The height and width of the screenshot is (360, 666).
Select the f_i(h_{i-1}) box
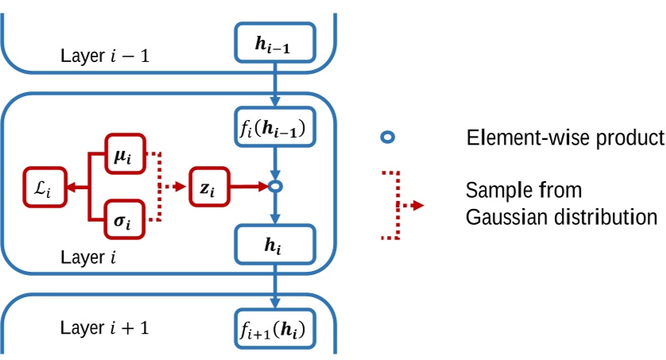(x=275, y=126)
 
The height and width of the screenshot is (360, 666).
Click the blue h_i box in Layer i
(x=275, y=246)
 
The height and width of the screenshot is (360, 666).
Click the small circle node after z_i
(x=275, y=187)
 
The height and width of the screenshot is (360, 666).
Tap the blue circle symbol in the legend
(x=387, y=137)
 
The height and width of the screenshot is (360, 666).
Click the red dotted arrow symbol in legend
(x=409, y=206)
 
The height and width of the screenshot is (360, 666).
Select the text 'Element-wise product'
(x=564, y=137)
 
